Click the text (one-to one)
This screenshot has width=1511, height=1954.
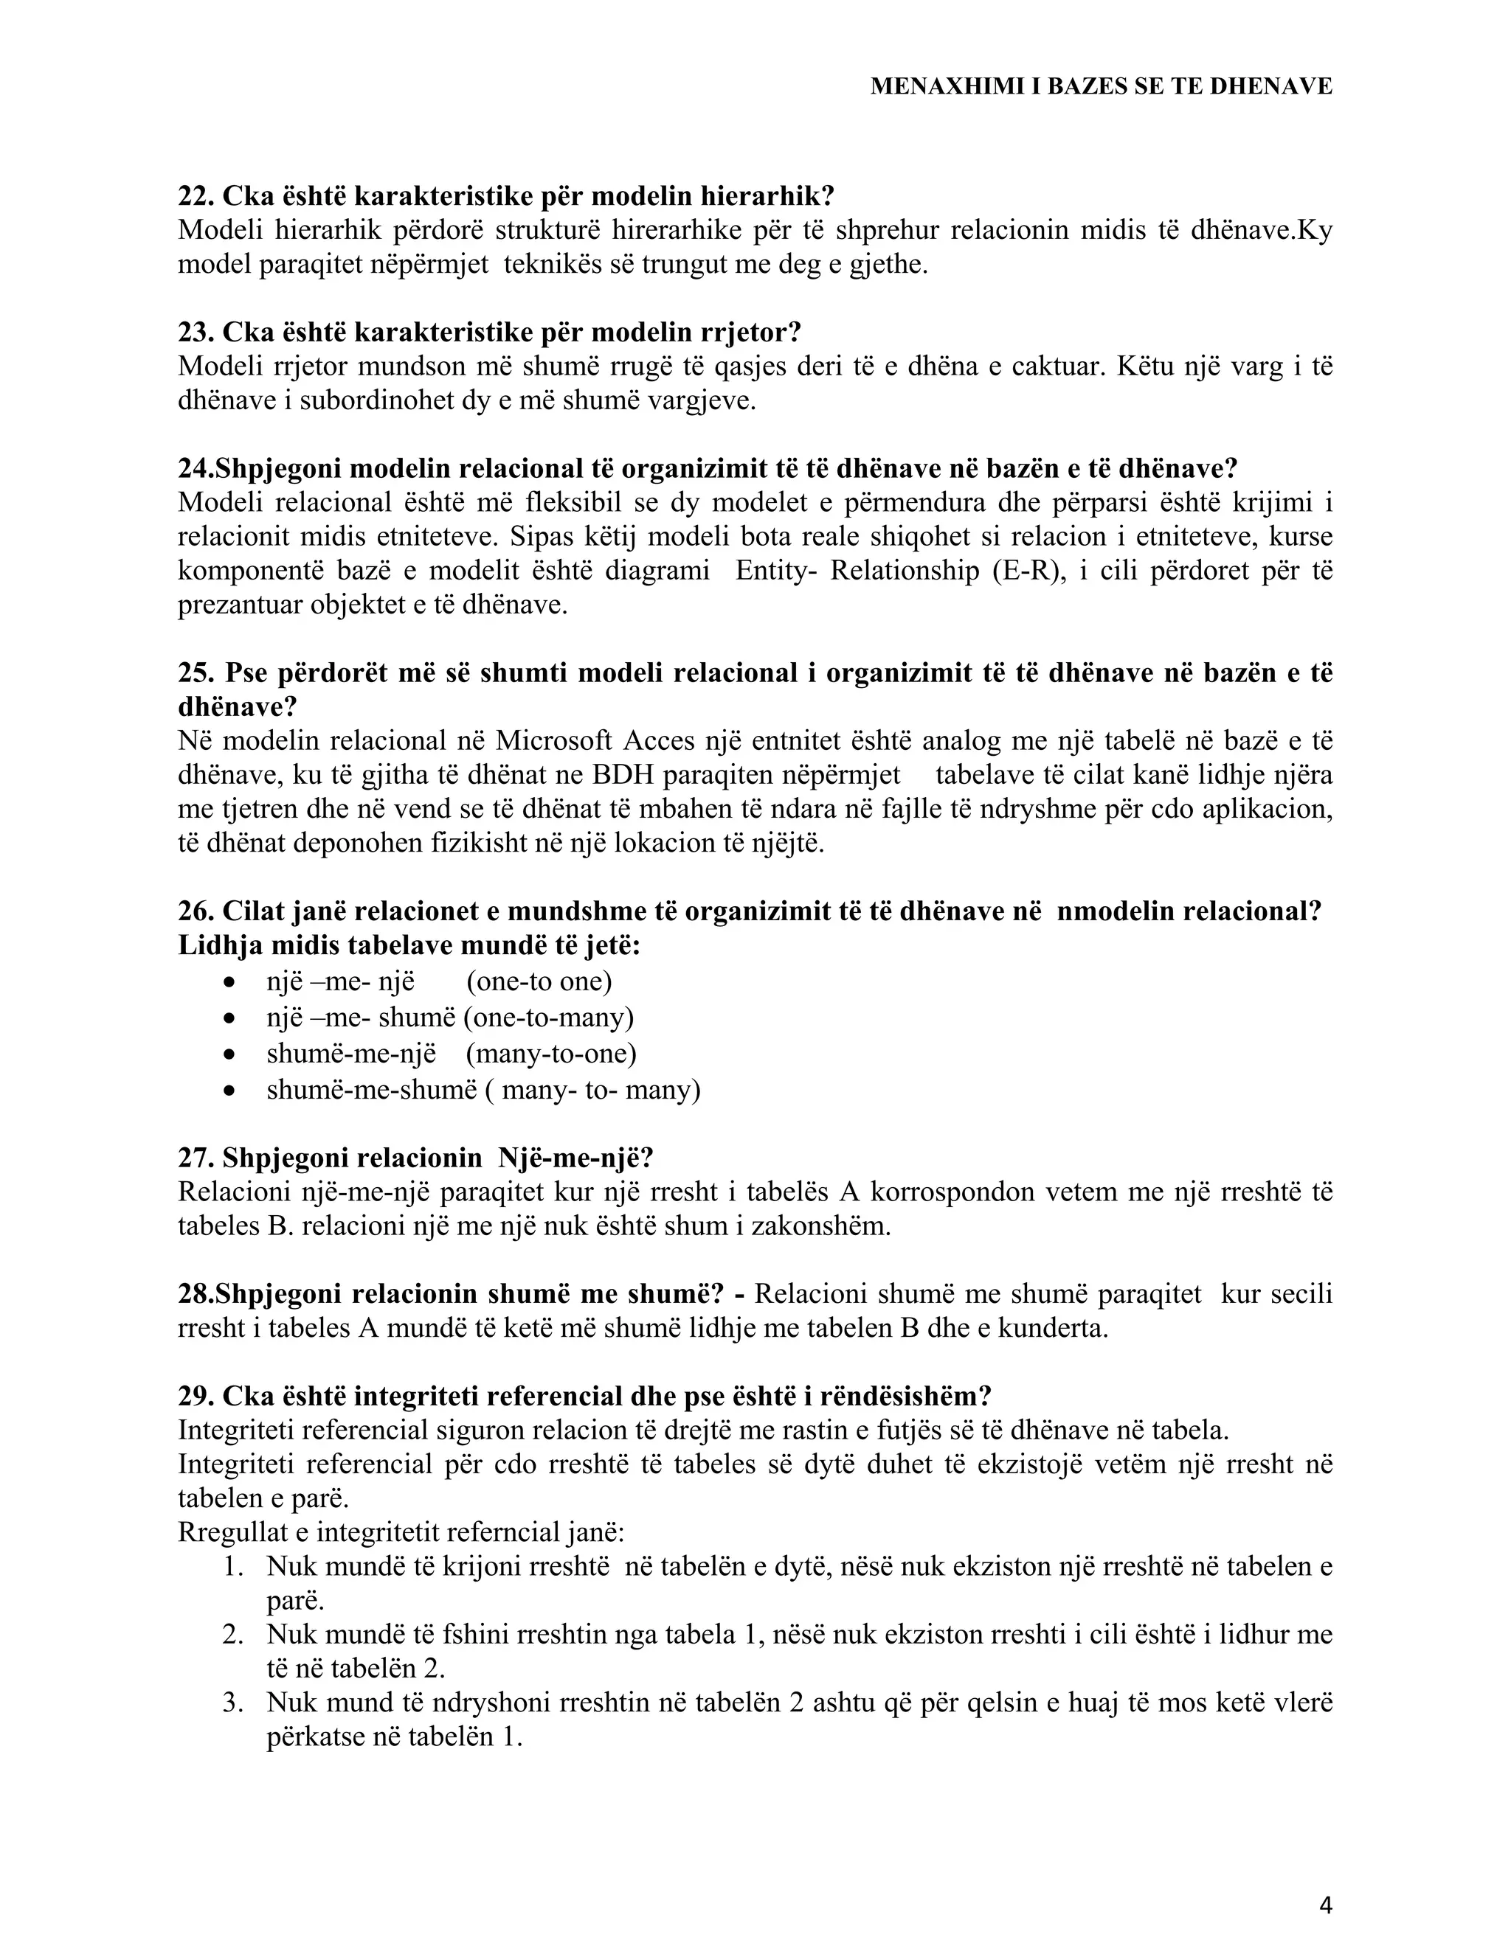coord(539,981)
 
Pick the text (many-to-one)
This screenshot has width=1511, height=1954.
coord(550,1053)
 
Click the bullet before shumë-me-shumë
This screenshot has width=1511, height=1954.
coord(230,1091)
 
